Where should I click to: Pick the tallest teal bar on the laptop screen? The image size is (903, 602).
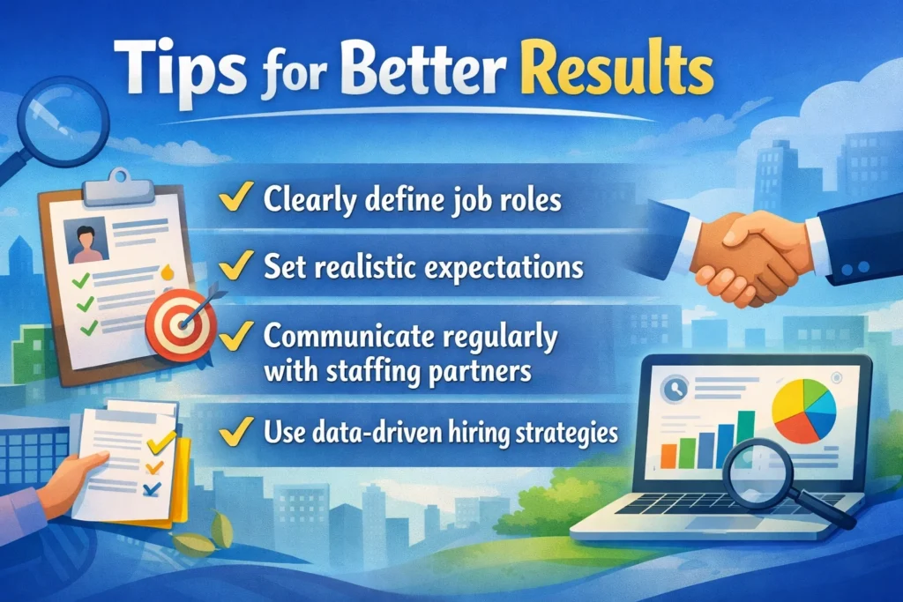point(746,437)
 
